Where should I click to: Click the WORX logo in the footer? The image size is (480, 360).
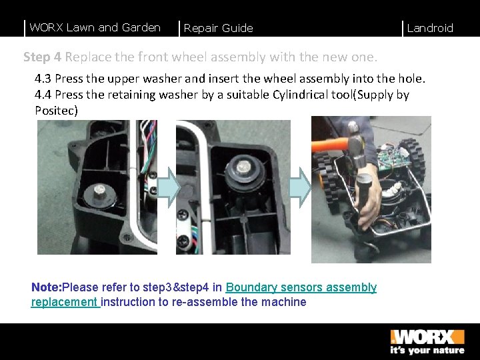[427, 337]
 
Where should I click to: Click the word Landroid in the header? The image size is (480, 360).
[430, 28]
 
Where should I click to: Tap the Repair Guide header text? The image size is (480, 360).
[218, 28]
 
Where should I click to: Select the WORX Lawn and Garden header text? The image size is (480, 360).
[95, 27]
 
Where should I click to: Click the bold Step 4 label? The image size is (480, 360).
[42, 57]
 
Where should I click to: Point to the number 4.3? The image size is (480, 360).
[43, 79]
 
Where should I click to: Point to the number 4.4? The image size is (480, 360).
[43, 95]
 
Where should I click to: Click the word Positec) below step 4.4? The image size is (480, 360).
[56, 110]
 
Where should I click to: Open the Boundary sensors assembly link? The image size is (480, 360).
[301, 287]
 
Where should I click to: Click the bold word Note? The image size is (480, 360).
[47, 287]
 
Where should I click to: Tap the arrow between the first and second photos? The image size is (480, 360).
[168, 187]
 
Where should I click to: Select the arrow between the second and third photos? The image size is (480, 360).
[300, 187]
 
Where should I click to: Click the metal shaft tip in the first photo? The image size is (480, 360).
[99, 189]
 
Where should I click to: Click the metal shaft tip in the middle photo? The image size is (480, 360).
[244, 167]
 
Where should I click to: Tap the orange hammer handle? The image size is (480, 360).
[330, 145]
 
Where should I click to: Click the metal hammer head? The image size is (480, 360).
[356, 145]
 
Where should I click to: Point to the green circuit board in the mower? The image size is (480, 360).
[392, 157]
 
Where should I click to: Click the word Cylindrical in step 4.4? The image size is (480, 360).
[300, 95]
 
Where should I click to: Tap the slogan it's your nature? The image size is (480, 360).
[427, 350]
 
